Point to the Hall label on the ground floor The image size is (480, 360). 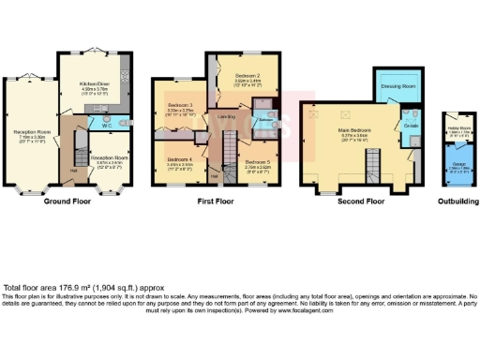74,171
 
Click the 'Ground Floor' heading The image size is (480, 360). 72,201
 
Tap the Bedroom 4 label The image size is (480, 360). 179,159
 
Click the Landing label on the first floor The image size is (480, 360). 226,116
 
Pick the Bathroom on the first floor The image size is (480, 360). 264,120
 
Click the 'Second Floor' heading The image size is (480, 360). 362,201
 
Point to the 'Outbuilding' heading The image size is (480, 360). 457,201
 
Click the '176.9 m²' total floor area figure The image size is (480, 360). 80,287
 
